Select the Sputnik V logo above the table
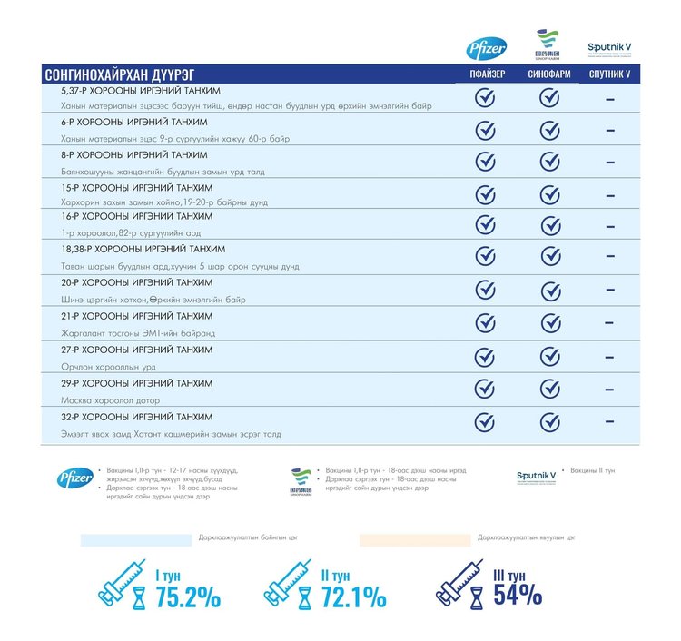pyautogui.click(x=610, y=45)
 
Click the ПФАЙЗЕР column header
pyautogui.click(x=486, y=74)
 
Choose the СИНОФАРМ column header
pyautogui.click(x=548, y=74)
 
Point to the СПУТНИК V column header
pyautogui.click(x=610, y=74)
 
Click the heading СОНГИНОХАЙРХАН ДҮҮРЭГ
pyautogui.click(x=119, y=74)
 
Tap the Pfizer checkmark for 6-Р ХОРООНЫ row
pyautogui.click(x=486, y=130)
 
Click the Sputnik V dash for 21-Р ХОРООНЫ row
pyautogui.click(x=610, y=323)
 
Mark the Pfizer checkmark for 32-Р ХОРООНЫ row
pyautogui.click(x=486, y=422)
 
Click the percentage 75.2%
pyautogui.click(x=188, y=597)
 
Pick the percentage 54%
pyautogui.click(x=518, y=596)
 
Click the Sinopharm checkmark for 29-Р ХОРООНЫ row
pyautogui.click(x=548, y=389)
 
